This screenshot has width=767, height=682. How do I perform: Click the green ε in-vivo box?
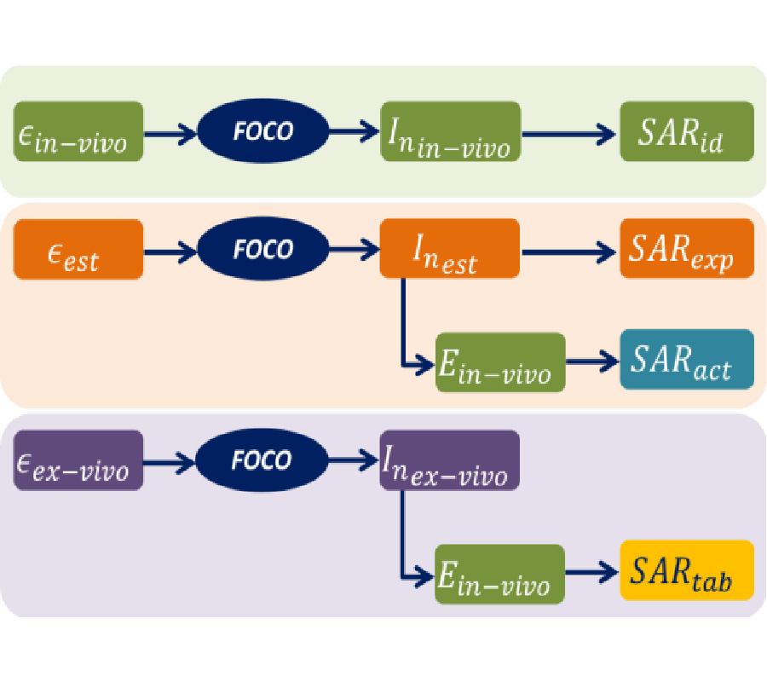(78, 131)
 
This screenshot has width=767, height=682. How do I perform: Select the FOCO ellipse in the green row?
(262, 131)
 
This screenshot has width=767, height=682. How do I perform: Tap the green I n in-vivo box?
(450, 131)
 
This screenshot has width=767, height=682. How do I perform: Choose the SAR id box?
(686, 131)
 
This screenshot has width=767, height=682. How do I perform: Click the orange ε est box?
(78, 249)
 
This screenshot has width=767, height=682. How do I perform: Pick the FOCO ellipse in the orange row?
(262, 249)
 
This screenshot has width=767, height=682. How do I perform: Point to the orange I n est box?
(450, 248)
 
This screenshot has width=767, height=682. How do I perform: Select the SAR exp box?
(686, 248)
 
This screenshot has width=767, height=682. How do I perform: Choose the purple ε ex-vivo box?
(78, 460)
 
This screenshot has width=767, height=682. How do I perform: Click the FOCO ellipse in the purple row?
(262, 460)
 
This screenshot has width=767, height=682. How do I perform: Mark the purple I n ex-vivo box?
(450, 460)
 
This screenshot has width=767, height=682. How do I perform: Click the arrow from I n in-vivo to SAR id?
(569, 133)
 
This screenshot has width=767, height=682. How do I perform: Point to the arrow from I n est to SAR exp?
(569, 251)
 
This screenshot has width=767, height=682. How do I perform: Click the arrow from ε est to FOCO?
(170, 251)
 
